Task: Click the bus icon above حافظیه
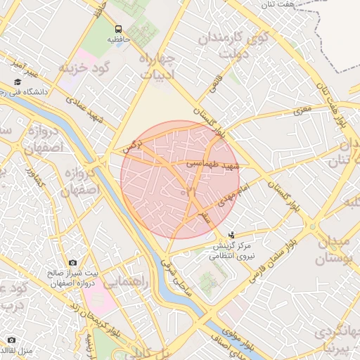(x=118, y=29)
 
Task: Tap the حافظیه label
(x=119, y=40)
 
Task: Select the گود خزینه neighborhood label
(x=86, y=68)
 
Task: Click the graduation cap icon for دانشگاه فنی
(x=18, y=82)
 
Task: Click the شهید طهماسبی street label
(x=213, y=163)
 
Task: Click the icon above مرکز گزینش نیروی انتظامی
(x=232, y=236)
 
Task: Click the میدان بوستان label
(x=329, y=250)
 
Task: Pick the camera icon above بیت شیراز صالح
(x=73, y=263)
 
